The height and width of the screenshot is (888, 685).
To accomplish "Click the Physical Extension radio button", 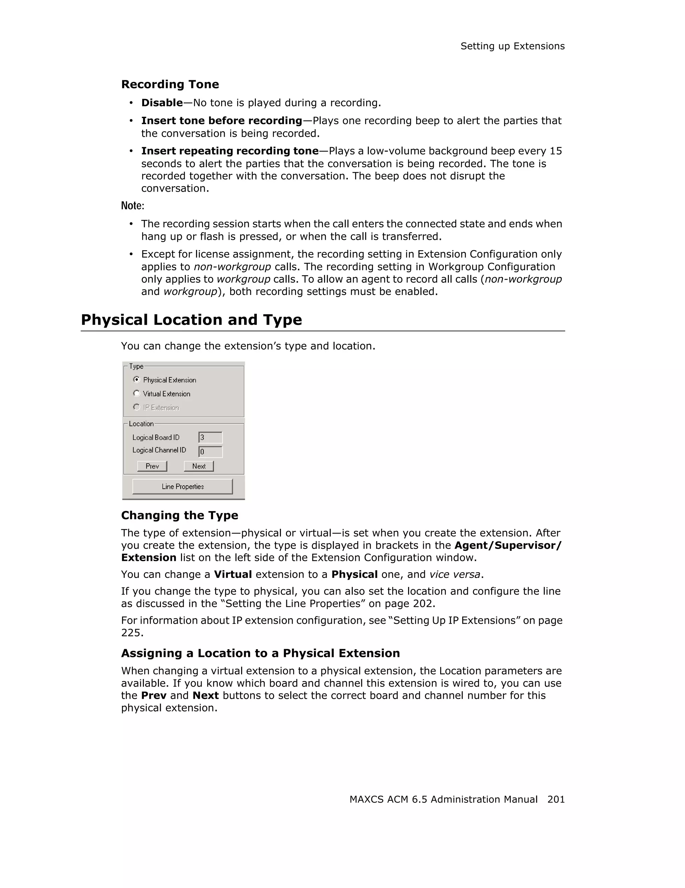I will pos(136,379).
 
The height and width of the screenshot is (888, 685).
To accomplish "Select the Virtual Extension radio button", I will pos(136,393).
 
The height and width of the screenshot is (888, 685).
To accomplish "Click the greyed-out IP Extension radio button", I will pos(136,407).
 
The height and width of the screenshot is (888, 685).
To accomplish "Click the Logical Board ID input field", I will pos(210,437).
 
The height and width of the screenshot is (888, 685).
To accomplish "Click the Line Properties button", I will pos(183,486).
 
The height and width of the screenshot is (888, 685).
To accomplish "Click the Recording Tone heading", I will pos(170,84).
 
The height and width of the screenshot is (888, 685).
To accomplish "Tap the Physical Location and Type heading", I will pos(191,320).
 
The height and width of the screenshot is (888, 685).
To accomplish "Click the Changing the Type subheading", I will pos(179,515).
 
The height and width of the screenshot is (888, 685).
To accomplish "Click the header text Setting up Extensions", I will pos(512,46).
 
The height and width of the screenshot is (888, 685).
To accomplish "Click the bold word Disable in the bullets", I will pos(162,103).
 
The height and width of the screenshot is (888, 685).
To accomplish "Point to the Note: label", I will pos(132,206).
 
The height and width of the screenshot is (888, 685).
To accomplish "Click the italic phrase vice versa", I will pos(455,575).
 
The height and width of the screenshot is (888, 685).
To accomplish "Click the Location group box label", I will pos(141,424).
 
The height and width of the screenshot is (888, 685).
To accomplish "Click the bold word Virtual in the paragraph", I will pos(232,575).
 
